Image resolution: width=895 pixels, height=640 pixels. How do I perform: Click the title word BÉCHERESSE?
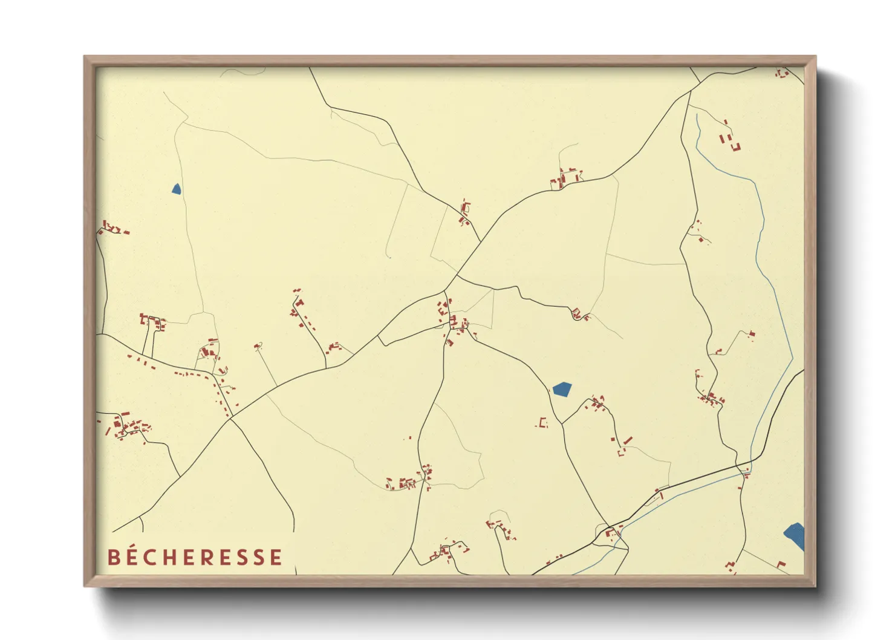tap(195, 557)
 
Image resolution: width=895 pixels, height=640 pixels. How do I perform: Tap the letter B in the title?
tap(114, 557)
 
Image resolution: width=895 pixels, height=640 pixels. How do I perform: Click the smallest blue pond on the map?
tap(176, 189)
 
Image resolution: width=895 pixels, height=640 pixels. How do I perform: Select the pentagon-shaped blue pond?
tap(562, 388)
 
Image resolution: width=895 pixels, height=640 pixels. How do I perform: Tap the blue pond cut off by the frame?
tap(795, 535)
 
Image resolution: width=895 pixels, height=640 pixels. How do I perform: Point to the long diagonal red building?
tap(628, 440)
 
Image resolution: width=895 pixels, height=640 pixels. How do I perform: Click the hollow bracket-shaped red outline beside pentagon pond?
tap(543, 423)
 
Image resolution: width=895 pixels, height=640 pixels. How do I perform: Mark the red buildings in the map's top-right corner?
tap(783, 73)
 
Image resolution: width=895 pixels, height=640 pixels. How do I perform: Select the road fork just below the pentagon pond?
tap(562, 423)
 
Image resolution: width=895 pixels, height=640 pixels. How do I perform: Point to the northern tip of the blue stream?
tap(697, 115)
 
